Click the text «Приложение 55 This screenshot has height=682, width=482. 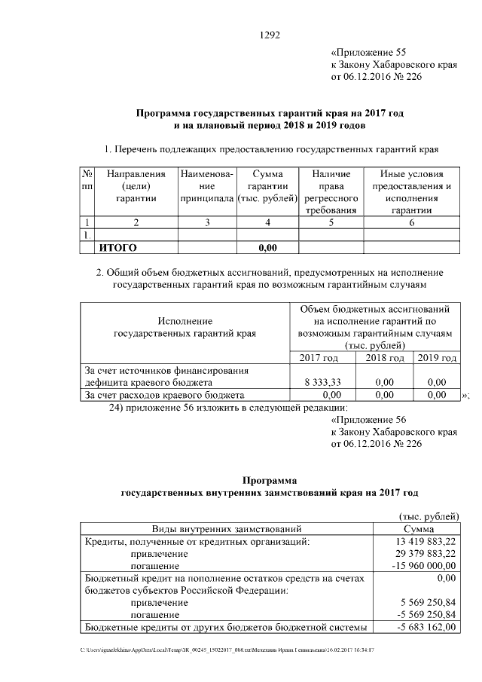point(369,53)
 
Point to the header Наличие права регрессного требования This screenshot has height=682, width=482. point(331,192)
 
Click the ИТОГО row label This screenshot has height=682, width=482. point(119,246)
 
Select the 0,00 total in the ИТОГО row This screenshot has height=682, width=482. point(267,246)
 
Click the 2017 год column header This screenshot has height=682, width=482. point(319,357)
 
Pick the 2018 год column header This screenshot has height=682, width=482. point(385,357)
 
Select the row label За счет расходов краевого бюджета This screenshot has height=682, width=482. point(164,394)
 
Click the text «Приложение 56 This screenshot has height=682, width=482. point(369,419)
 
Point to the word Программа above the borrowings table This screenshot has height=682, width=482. point(270,480)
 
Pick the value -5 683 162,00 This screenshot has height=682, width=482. point(425,627)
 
